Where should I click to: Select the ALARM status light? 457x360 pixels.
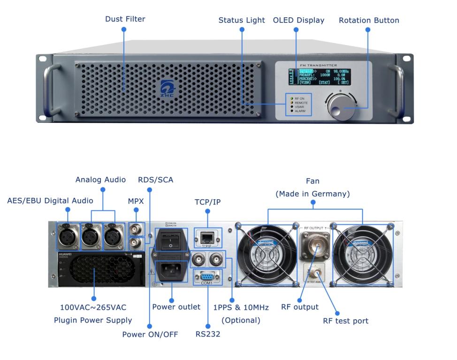click(291, 111)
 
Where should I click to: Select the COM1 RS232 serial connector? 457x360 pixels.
click(207, 276)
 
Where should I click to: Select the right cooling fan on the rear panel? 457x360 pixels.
click(362, 253)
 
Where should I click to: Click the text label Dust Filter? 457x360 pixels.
click(124, 20)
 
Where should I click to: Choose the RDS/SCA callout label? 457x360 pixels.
click(155, 180)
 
